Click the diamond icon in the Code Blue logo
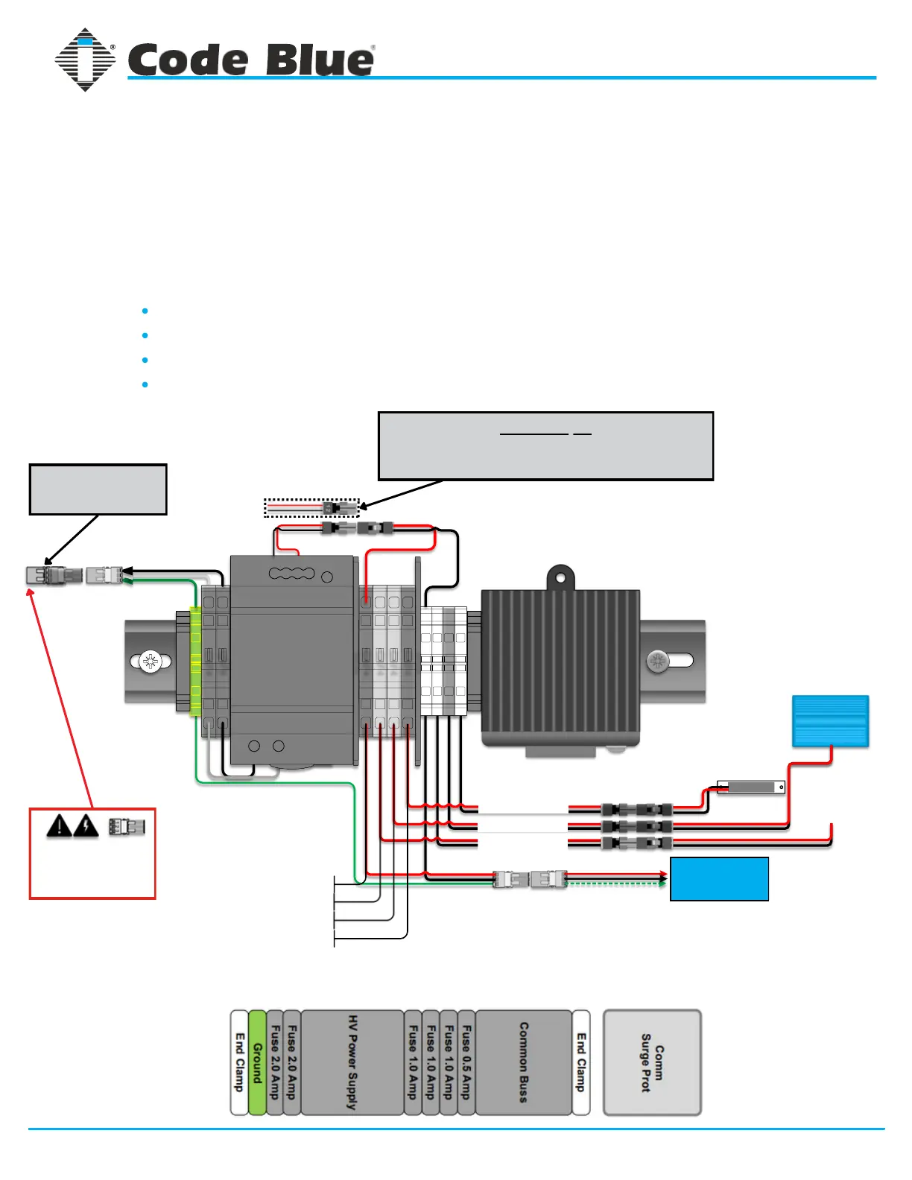click(85, 60)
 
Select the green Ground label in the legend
click(257, 1062)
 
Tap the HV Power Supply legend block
click(352, 1062)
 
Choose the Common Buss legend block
click(523, 1062)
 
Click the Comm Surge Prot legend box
click(652, 1062)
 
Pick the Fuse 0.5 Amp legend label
click(466, 1062)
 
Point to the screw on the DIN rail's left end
click(151, 662)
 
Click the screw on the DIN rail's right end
click(657, 661)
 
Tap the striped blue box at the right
click(830, 721)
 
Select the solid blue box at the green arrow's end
click(719, 879)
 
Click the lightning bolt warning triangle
click(87, 826)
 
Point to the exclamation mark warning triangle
click(60, 826)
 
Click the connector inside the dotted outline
click(339, 509)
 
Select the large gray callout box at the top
click(545, 445)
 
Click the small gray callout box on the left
click(98, 489)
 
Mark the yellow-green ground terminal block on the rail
click(195, 662)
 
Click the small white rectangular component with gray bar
click(751, 787)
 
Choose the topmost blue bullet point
click(145, 311)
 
